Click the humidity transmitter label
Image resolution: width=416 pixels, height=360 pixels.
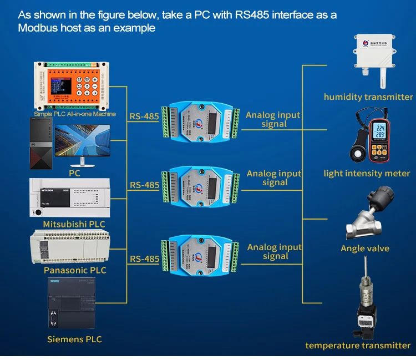click(x=368, y=97)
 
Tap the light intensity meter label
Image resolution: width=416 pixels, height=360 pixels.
click(x=367, y=174)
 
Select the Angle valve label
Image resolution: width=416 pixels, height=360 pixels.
click(x=365, y=249)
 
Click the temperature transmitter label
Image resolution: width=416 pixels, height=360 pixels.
click(x=358, y=346)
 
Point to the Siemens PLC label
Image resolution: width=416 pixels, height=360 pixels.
click(x=74, y=339)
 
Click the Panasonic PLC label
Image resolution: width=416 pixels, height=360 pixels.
click(x=75, y=270)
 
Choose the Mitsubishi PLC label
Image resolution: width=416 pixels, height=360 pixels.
click(x=74, y=224)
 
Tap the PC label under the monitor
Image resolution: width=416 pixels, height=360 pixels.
click(x=74, y=173)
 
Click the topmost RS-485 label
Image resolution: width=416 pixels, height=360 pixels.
click(x=144, y=116)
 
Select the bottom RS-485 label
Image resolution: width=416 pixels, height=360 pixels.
click(x=144, y=258)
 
